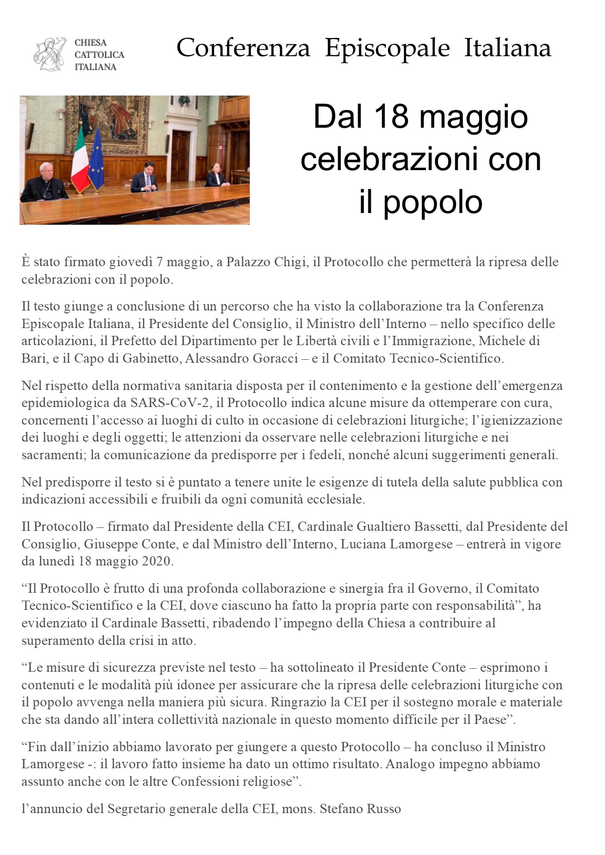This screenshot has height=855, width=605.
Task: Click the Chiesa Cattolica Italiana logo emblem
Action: [x=50, y=54]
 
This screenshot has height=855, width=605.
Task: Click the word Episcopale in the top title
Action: [x=387, y=48]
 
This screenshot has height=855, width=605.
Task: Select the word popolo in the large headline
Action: [x=433, y=202]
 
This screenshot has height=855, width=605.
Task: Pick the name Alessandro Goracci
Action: [x=242, y=358]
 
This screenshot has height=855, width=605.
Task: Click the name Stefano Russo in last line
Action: [x=360, y=809]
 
